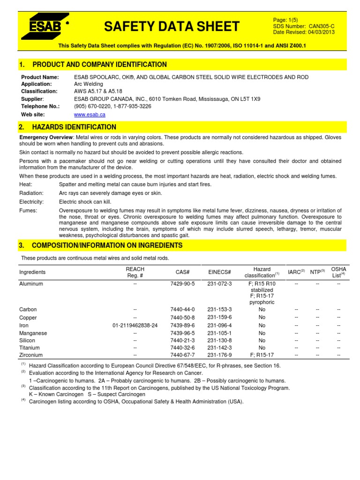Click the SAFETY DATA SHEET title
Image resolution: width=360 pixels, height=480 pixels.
point(172,27)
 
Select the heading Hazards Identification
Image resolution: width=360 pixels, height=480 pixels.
point(74,127)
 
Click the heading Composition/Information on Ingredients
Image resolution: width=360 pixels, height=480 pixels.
point(107,246)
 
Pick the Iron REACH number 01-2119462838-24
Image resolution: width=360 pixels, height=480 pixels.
point(135,325)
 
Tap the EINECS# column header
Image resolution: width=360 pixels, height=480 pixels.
point(219,272)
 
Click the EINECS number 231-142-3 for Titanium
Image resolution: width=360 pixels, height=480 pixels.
point(219,348)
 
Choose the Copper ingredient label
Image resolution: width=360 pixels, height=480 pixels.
point(28,318)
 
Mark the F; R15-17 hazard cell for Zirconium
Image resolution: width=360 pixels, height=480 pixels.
point(262,355)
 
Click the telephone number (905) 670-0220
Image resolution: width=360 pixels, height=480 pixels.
point(93,106)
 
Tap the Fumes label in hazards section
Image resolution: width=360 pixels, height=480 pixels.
point(28,210)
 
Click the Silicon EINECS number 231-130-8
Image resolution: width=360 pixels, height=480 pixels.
point(219,340)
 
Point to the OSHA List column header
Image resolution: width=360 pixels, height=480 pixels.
point(338,272)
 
